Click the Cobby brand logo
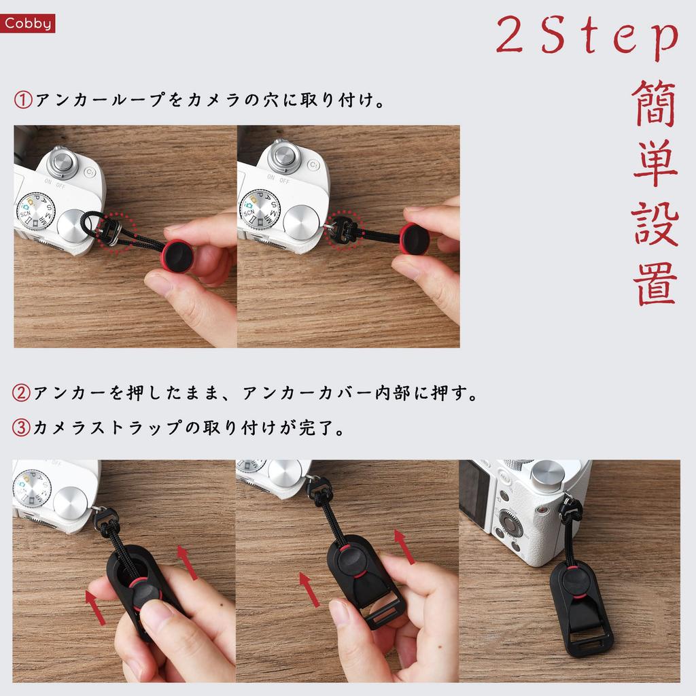28,24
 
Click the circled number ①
22,101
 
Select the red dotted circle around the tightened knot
343,232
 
